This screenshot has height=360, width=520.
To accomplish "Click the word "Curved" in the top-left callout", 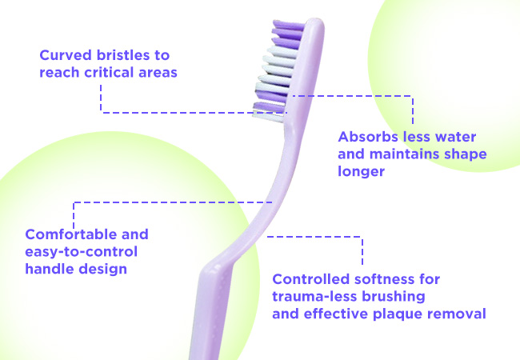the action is (66, 55).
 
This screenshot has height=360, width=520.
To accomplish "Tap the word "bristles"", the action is (123, 55).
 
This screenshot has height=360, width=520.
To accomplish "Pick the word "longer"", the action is (361, 171).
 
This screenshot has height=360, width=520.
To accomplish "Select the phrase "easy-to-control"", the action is (82, 252).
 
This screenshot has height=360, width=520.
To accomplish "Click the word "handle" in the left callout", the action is (49, 269).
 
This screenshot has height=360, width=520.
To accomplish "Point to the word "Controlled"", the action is (310, 279).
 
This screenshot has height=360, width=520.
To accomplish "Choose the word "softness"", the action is (386, 279).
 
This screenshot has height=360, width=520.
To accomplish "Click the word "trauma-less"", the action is (314, 296).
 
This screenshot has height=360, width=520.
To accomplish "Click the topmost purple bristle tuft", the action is (288, 25).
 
